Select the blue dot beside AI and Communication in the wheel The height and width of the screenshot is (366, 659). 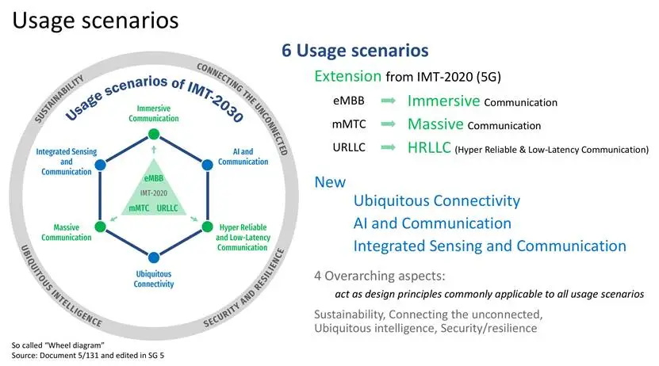point(207,165)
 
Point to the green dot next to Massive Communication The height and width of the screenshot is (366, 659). point(100,227)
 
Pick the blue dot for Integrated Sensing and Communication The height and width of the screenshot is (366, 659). point(100,165)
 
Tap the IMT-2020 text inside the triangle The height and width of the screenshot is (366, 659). point(152,193)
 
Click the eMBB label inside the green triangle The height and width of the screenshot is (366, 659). point(152,178)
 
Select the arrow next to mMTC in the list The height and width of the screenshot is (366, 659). point(388,124)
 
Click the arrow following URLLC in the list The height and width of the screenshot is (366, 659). point(388,147)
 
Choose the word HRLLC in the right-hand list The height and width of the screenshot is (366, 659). point(429,147)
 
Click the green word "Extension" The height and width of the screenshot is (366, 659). point(347,76)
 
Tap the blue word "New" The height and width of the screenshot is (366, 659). point(330,181)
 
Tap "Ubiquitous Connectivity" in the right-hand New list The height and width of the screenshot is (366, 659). point(436,201)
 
